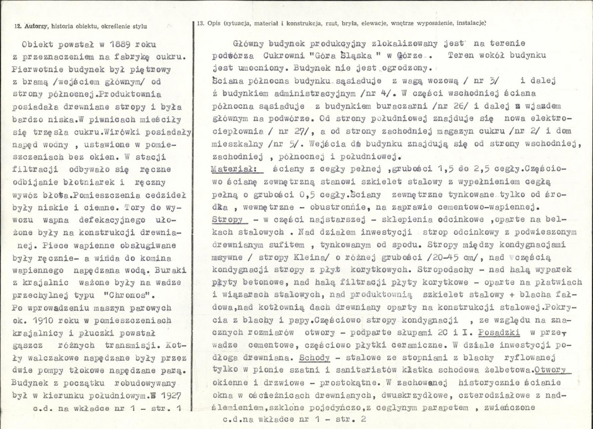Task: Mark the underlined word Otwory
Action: tap(554, 370)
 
